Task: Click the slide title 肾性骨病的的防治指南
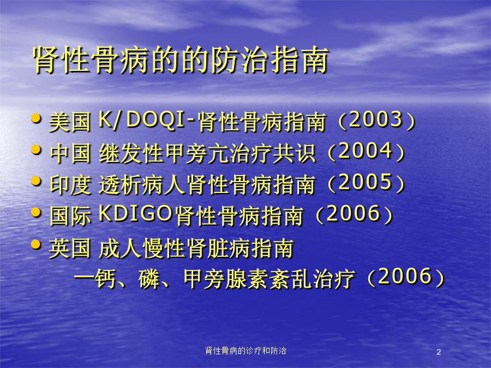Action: [x=181, y=60]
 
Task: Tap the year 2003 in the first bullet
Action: [x=375, y=119]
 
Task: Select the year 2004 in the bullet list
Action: [x=366, y=151]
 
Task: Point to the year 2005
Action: [x=366, y=182]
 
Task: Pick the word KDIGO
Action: [x=135, y=213]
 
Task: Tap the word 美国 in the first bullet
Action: [x=70, y=122]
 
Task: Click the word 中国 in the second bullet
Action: [x=70, y=153]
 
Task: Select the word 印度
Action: [x=70, y=184]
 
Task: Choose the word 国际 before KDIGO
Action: [x=70, y=215]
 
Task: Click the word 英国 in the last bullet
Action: [x=70, y=248]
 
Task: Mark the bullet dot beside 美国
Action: [x=37, y=118]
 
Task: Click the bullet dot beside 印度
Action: [x=37, y=181]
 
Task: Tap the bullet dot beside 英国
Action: [x=37, y=244]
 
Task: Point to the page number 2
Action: [x=439, y=352]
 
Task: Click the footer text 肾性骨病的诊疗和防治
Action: [x=245, y=351]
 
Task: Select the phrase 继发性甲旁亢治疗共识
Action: [x=207, y=153]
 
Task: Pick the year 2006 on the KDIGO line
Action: [x=353, y=213]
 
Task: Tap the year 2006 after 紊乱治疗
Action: [x=405, y=276]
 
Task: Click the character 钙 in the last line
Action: [x=104, y=279]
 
